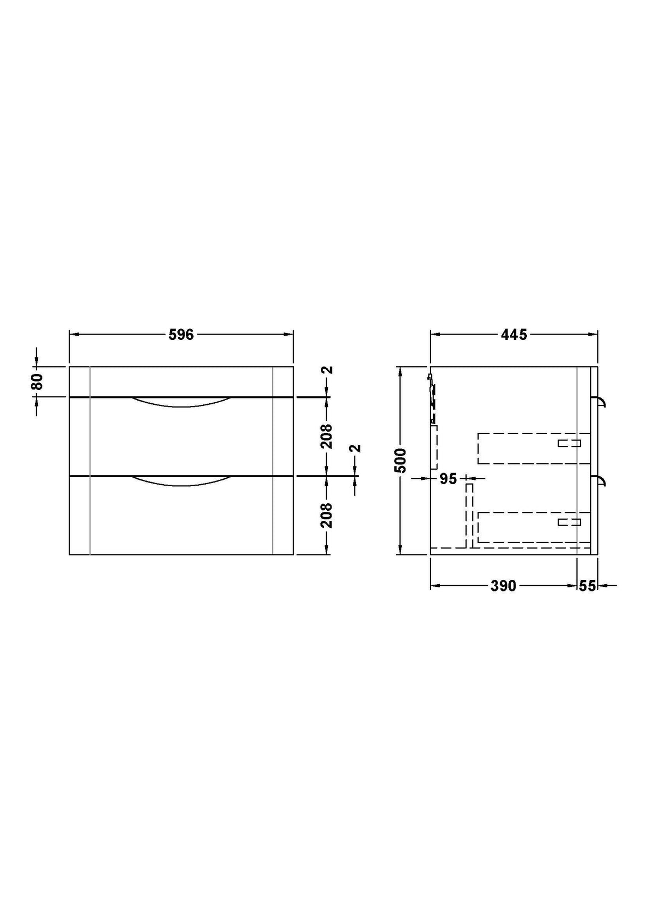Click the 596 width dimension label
point(181,335)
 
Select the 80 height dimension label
point(37,381)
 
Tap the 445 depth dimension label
point(514,335)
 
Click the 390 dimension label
point(503,586)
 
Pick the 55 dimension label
point(587,586)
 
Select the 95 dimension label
point(449,479)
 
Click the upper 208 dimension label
point(327,436)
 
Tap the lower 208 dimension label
point(327,515)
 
